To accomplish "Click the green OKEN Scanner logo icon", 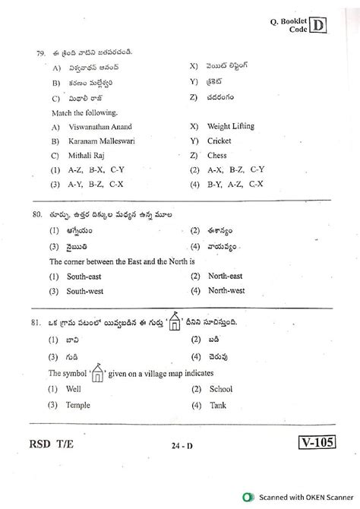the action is click(x=249, y=497).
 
